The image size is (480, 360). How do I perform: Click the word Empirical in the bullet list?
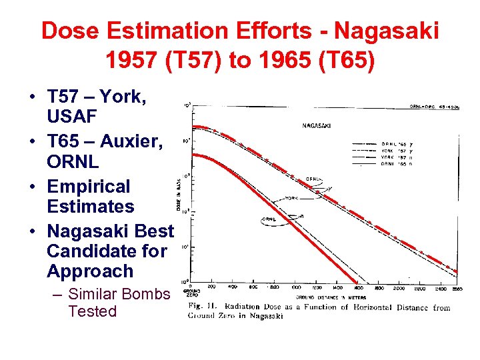coord(89,186)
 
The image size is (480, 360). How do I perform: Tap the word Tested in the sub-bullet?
coord(92,311)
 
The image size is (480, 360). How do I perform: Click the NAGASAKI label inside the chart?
coord(318,125)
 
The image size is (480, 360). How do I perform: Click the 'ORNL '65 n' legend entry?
coord(394,163)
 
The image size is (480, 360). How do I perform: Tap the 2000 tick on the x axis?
coord(399,288)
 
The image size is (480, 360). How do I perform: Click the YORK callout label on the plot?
coord(291,198)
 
